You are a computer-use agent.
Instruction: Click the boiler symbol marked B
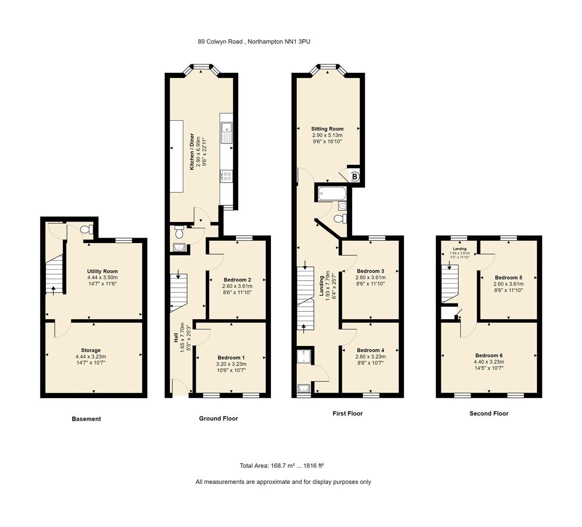[355, 177]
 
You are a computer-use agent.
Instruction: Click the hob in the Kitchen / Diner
[227, 176]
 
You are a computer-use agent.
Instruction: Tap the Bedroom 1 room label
[231, 357]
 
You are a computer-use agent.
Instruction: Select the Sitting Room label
[327, 129]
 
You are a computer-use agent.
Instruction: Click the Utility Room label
[103, 271]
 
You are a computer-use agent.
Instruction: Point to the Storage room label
[91, 350]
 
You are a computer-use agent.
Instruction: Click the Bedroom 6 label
[489, 355]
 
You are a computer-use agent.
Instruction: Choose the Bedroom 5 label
[508, 278]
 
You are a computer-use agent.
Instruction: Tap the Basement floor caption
[86, 419]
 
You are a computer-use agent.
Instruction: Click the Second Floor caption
[489, 413]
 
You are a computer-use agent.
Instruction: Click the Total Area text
[282, 466]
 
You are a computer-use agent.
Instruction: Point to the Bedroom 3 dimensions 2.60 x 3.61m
[371, 277]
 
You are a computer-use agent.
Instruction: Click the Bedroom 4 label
[371, 350]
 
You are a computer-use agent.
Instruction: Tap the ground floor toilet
[179, 229]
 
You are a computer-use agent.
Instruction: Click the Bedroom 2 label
[237, 280]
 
